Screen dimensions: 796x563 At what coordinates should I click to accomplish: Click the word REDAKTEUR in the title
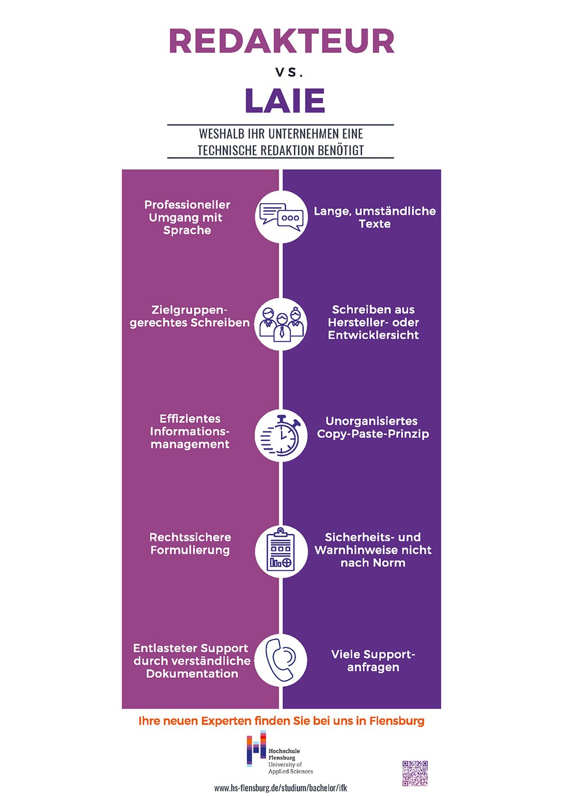pos(281,41)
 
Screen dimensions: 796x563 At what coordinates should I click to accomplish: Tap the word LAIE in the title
pos(285,101)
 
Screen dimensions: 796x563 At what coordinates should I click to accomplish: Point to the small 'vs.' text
pos(289,73)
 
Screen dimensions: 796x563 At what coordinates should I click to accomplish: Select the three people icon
pos(281,324)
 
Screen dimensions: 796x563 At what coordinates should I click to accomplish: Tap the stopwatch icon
pos(281,434)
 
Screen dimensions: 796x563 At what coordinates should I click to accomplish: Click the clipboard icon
pos(281,551)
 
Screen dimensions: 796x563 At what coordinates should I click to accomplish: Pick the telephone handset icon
pos(281,660)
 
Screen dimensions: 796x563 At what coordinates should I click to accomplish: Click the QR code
pos(415,773)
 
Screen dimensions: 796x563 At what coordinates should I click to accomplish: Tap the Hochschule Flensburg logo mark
pos(256,749)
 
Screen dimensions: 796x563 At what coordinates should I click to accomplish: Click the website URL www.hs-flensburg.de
pos(280,788)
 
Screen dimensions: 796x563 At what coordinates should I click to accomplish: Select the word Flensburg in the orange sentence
pos(396,721)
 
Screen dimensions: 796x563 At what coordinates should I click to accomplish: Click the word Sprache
pos(187,231)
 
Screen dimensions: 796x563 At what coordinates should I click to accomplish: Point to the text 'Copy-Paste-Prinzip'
pos(373,434)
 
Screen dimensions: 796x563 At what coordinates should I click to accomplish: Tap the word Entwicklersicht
pos(373,335)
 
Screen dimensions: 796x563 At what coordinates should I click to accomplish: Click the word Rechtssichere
pos(190,537)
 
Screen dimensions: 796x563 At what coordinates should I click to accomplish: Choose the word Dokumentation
pos(192,674)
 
